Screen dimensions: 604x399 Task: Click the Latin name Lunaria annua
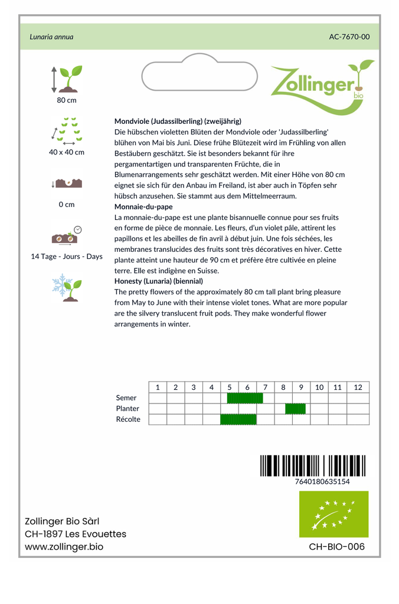tap(51, 37)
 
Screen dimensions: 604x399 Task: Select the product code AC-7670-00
tap(349, 37)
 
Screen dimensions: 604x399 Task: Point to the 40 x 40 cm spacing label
tap(67, 152)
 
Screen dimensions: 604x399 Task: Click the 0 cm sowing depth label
tap(67, 205)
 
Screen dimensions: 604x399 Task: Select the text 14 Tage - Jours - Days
tap(67, 257)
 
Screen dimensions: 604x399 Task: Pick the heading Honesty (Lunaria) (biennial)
tap(159, 281)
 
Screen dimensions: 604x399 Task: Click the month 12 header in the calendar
tap(358, 387)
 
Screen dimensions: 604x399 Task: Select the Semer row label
tap(126, 398)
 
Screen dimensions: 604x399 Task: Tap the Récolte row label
tap(128, 419)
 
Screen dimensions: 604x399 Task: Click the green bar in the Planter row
tap(296, 409)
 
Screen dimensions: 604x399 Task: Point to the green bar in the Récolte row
tap(238, 419)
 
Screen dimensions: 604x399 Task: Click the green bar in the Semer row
tap(245, 398)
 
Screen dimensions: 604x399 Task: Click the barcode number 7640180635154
tap(322, 481)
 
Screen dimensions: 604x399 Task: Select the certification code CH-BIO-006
tap(336, 547)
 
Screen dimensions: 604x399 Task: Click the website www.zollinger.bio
tap(64, 547)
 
